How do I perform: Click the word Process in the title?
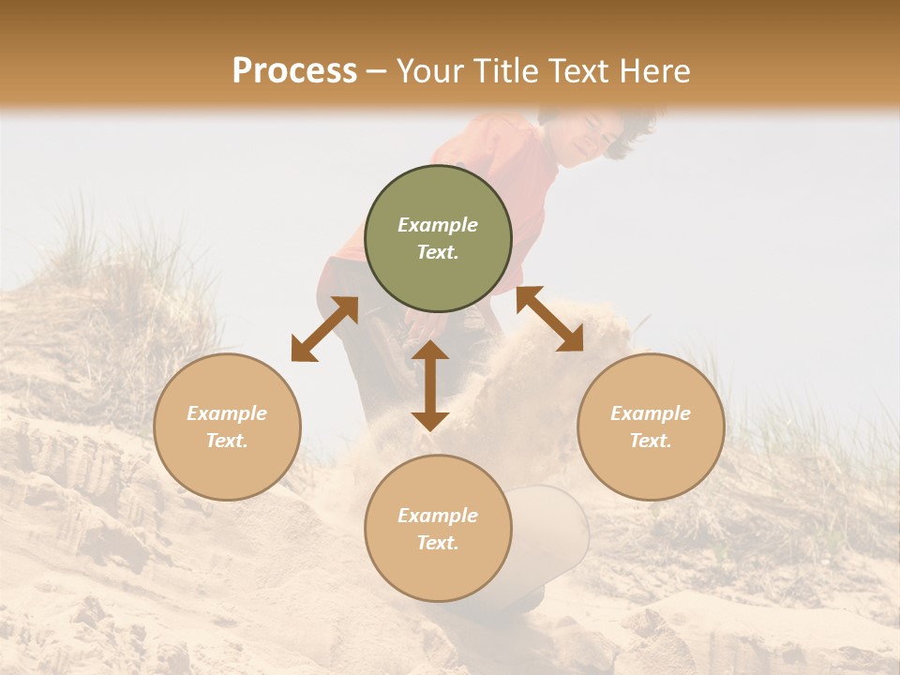pos(294,71)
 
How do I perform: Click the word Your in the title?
pos(432,71)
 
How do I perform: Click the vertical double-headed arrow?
pos(430,385)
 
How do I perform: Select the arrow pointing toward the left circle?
pos(324,328)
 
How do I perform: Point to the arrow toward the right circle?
pos(549,319)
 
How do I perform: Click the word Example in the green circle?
pos(438,225)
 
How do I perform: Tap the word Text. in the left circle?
pos(227,441)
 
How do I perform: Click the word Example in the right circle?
pos(651,413)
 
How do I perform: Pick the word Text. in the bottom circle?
pos(438,543)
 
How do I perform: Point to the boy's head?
pos(594,132)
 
